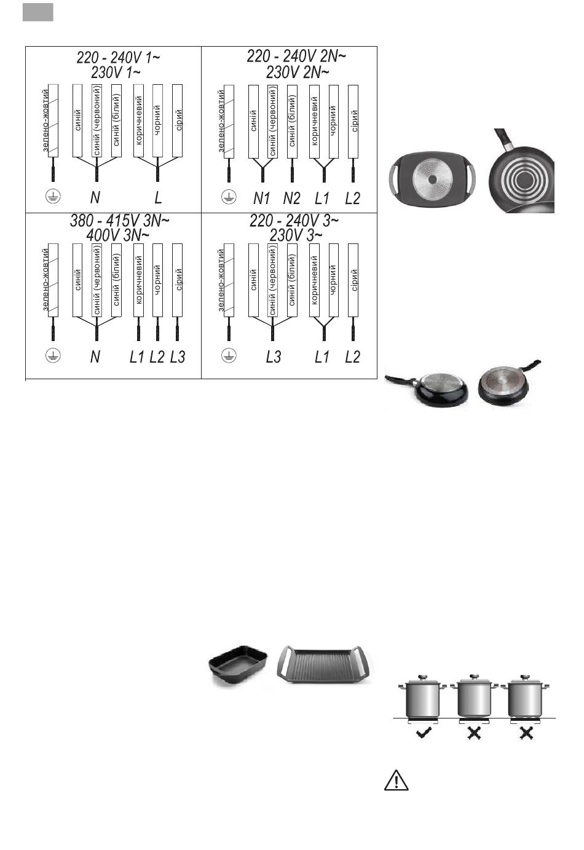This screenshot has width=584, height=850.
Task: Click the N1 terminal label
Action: click(x=262, y=198)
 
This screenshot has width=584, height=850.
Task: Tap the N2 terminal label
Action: click(x=291, y=198)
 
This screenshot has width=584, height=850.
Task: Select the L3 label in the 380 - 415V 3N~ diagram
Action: click(x=177, y=357)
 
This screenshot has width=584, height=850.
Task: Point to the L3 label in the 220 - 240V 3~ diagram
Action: click(x=273, y=357)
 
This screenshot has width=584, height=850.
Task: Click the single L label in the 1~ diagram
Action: click(x=158, y=198)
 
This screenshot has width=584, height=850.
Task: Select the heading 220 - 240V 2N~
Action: click(x=296, y=57)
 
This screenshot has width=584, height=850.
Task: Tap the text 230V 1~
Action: click(x=116, y=71)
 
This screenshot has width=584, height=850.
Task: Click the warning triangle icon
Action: click(x=397, y=781)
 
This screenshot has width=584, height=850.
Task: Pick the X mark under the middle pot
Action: click(x=473, y=733)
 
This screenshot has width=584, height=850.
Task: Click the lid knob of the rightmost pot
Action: click(x=524, y=677)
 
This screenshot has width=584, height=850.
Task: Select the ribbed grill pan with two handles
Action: click(x=326, y=665)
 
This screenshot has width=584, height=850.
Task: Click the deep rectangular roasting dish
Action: click(x=237, y=664)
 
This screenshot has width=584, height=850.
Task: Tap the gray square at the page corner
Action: click(x=38, y=12)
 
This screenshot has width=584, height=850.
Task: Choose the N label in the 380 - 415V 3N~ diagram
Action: click(x=95, y=357)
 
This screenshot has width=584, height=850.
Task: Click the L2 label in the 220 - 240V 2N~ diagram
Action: click(x=352, y=198)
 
